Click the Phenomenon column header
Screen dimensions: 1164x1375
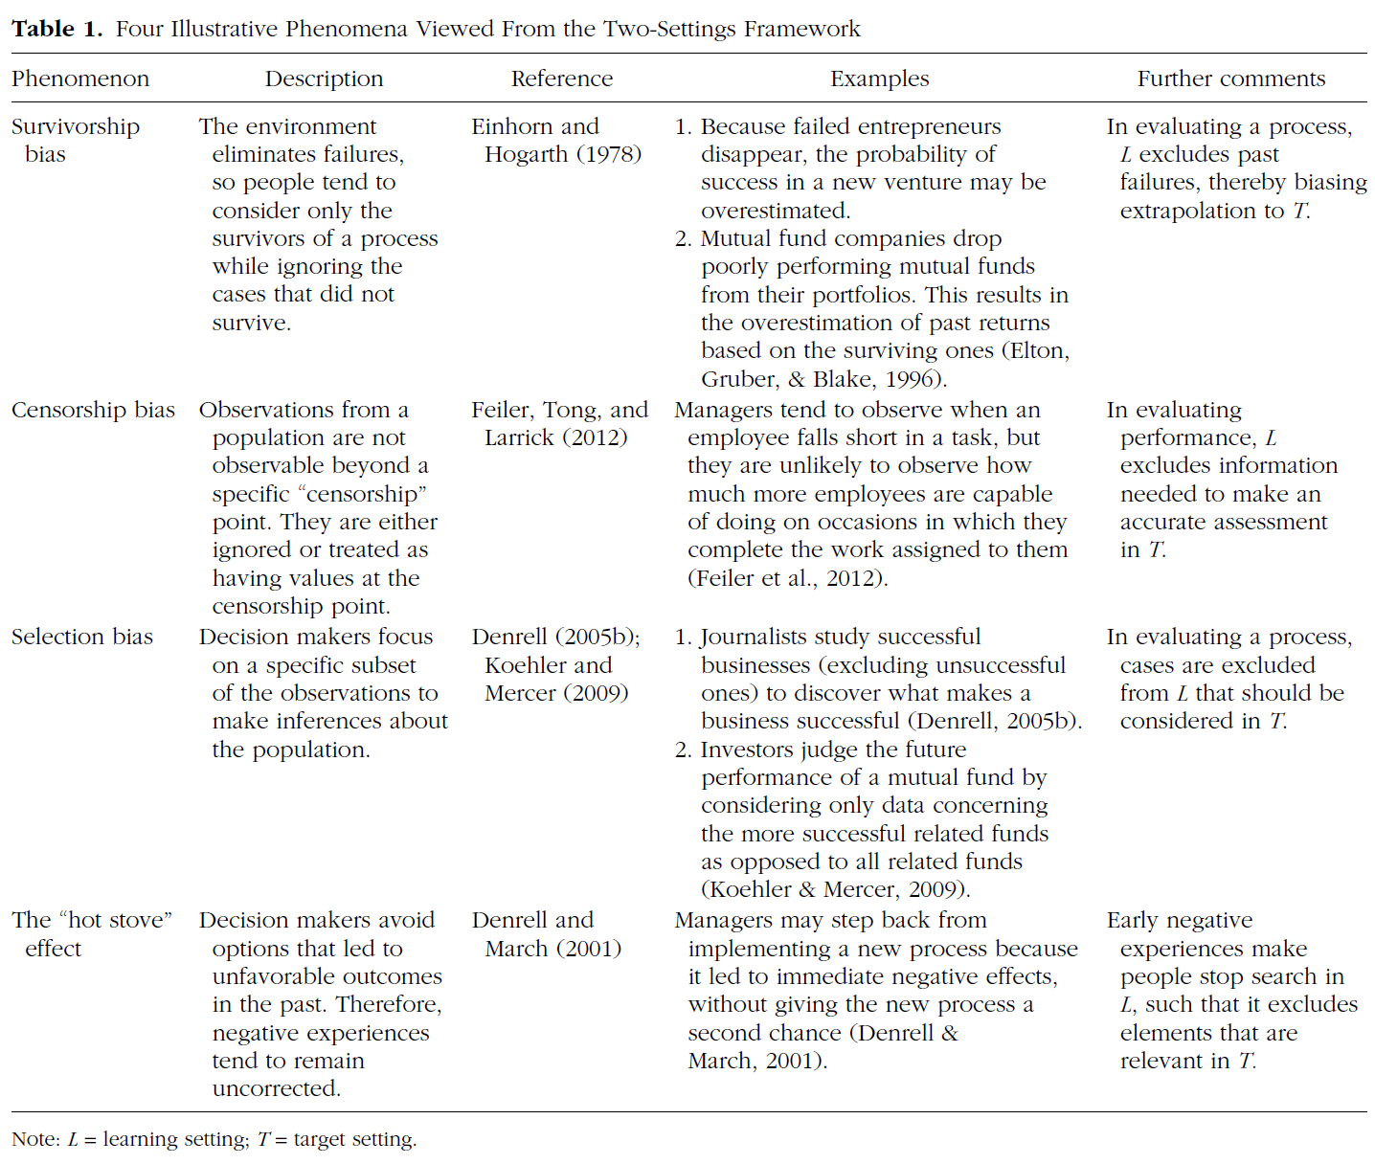(x=80, y=78)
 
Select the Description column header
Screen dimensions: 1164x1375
(x=324, y=78)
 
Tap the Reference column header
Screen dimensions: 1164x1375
(x=561, y=78)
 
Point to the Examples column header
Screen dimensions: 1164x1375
(x=879, y=78)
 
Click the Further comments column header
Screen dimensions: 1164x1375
(x=1231, y=78)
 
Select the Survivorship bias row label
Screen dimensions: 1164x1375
(x=75, y=140)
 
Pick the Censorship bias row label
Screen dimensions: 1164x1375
(x=93, y=410)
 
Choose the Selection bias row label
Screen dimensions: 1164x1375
(x=82, y=637)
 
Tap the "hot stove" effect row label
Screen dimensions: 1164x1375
(x=91, y=933)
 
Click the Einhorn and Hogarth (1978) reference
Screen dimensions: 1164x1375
(x=556, y=140)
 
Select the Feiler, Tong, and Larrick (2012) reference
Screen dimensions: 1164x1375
(x=559, y=423)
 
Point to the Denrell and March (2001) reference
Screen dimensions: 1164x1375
(x=547, y=933)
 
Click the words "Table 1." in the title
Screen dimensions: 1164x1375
(x=56, y=29)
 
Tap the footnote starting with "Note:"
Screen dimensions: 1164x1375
(x=214, y=1139)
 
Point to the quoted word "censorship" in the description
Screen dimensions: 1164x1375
(x=363, y=494)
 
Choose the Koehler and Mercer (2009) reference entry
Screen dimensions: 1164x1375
(x=556, y=679)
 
